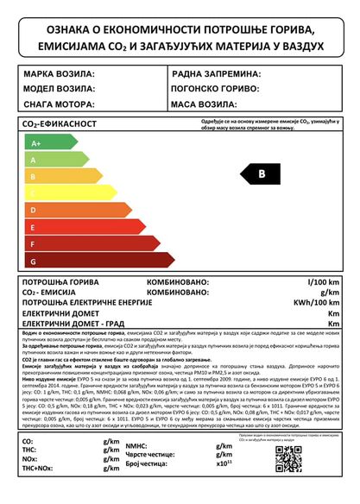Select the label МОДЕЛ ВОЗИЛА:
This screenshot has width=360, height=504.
60,89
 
